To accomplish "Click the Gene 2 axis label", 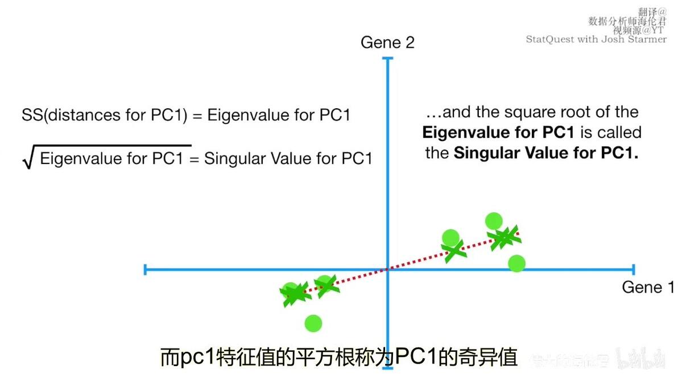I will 387,43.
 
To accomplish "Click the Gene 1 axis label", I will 648,287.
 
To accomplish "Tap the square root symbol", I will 27,158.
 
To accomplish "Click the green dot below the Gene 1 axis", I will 313,323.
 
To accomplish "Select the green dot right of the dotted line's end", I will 516,263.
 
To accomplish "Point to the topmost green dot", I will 494,221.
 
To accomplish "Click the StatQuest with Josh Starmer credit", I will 596,39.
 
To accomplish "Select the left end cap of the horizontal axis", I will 146,269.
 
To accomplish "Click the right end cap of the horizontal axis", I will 632,269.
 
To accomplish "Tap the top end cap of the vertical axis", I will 388,59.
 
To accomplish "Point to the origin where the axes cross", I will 388,269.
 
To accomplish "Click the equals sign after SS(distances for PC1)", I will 197,115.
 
